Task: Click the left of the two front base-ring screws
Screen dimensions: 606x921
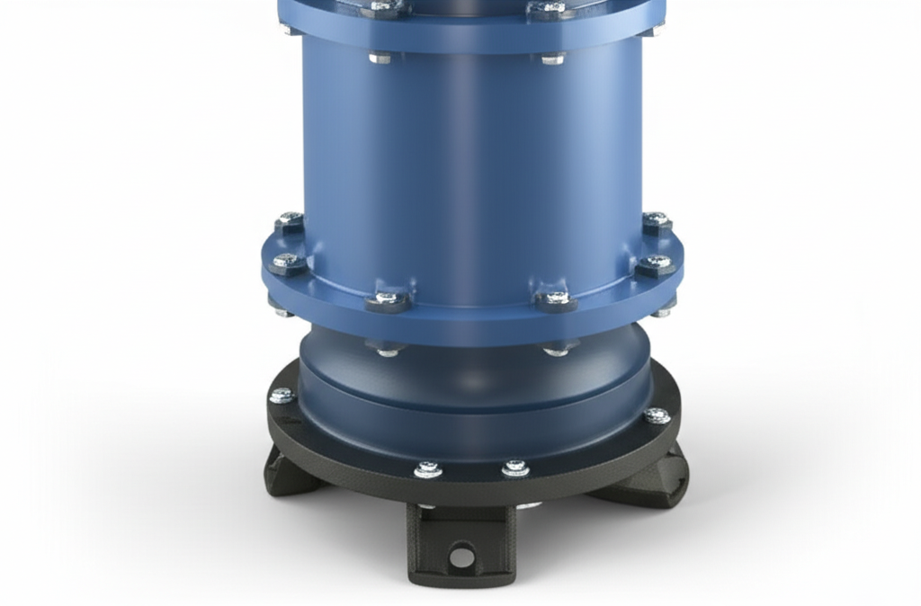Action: pyautogui.click(x=427, y=469)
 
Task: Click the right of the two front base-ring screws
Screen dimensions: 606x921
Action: pyautogui.click(x=515, y=468)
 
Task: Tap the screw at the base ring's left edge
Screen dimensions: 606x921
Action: pyautogui.click(x=282, y=396)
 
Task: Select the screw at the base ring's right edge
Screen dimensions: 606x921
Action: pyautogui.click(x=657, y=415)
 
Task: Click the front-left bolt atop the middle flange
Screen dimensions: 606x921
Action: pyautogui.click(x=388, y=298)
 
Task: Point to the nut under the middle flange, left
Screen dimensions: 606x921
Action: pyautogui.click(x=388, y=349)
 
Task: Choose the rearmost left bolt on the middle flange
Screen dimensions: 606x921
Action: pyautogui.click(x=289, y=219)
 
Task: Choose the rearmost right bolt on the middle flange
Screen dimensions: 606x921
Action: pyautogui.click(x=656, y=219)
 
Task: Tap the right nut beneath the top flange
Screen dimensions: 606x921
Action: pyautogui.click(x=552, y=59)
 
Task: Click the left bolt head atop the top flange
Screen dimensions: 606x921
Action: pyautogui.click(x=385, y=8)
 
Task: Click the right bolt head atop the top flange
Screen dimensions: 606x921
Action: pyautogui.click(x=550, y=8)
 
